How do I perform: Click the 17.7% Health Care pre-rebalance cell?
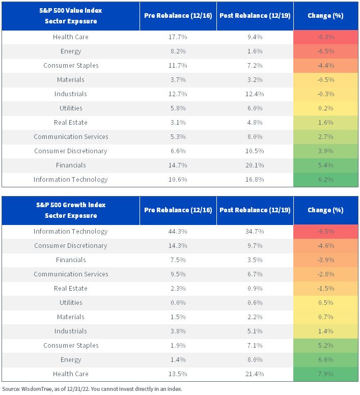178,37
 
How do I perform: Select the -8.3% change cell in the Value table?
326,37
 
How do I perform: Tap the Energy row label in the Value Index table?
71,51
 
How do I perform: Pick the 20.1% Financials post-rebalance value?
255,165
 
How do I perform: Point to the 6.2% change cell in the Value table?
326,180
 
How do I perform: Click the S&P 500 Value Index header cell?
71,16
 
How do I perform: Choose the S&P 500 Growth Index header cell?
71,210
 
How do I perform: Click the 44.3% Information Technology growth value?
178,232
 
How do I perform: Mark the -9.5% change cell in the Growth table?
326,232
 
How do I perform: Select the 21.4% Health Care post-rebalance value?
255,374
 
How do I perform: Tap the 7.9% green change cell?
326,374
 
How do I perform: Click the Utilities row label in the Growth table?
71,302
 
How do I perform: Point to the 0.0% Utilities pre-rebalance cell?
178,302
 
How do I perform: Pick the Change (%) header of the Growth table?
326,210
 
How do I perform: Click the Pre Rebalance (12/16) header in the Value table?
178,16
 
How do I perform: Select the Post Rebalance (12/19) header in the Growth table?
255,210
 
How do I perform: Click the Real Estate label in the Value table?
71,123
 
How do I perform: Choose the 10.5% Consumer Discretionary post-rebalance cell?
255,151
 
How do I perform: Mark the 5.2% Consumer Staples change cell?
326,346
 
